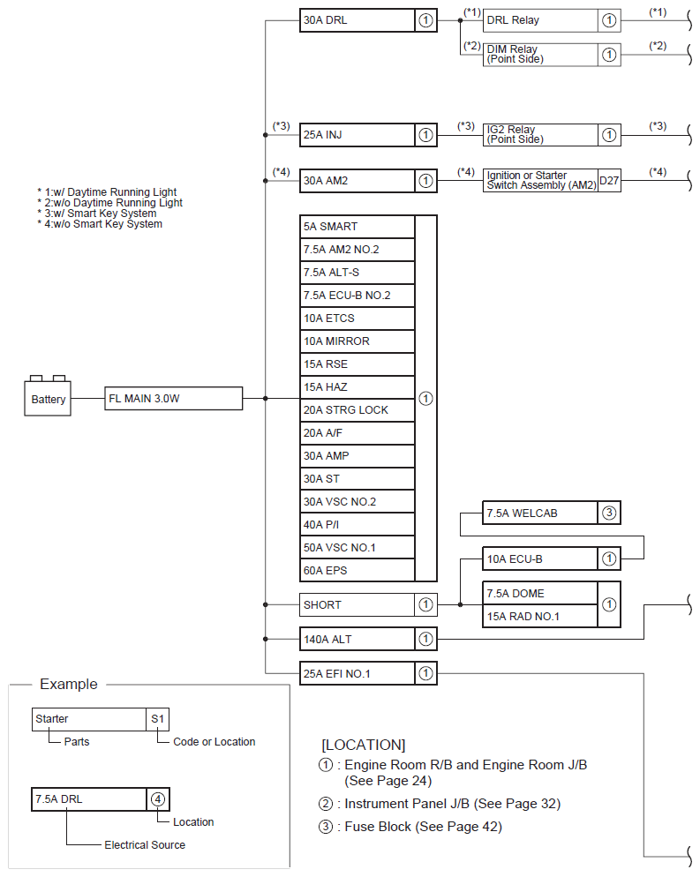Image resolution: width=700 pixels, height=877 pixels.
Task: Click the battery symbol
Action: [x=48, y=398]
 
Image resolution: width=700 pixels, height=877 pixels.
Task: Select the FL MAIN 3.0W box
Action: [x=173, y=398]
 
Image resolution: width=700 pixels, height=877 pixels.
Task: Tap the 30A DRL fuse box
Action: [x=357, y=20]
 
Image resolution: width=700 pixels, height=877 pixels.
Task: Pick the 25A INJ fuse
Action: [x=357, y=135]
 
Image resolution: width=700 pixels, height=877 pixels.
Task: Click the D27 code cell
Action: [x=609, y=181]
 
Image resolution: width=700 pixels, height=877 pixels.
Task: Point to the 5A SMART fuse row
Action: [x=357, y=227]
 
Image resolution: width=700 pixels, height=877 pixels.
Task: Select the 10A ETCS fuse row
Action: [x=357, y=319]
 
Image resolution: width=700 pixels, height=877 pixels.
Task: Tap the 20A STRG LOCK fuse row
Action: [x=357, y=410]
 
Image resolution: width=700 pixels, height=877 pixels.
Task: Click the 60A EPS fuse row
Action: [x=357, y=571]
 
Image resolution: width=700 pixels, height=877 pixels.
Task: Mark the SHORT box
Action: [x=357, y=605]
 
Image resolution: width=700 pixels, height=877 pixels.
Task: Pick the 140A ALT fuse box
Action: [x=357, y=639]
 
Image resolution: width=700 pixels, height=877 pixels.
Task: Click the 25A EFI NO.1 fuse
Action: [x=357, y=674]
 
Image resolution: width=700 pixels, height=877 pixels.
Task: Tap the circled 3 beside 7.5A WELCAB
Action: [x=609, y=513]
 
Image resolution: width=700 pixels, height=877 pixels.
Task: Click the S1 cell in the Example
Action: [x=157, y=719]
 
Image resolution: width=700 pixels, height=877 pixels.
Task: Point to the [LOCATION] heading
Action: [x=363, y=745]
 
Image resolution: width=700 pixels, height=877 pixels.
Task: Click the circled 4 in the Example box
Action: [x=157, y=799]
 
